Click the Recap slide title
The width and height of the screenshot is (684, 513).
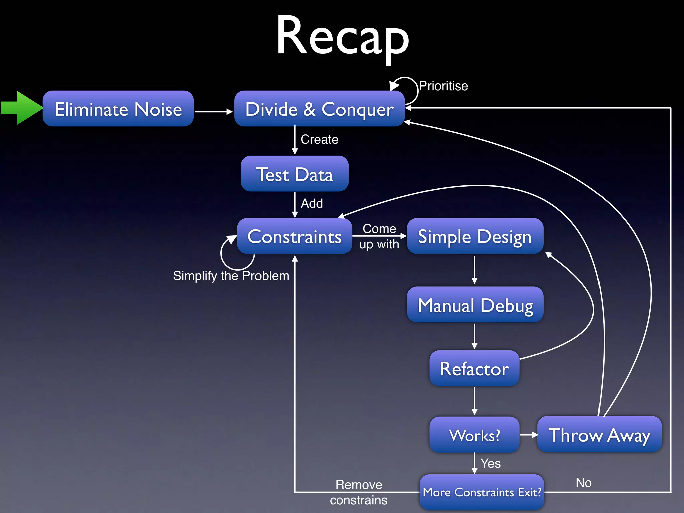(342, 36)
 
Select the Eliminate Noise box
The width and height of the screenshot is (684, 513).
(118, 109)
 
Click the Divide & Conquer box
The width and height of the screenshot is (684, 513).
(320, 109)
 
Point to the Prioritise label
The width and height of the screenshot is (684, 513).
(443, 86)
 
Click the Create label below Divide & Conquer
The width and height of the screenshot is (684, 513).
(319, 139)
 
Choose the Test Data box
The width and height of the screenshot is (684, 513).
(295, 174)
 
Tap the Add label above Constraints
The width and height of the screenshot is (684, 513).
(312, 203)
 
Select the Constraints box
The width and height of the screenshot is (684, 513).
(295, 236)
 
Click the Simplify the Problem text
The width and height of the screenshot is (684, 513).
(231, 276)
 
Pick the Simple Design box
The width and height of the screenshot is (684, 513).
(475, 236)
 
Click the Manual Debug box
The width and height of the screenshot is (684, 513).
(475, 305)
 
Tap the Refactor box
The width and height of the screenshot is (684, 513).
(474, 368)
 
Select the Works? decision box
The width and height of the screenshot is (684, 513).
(474, 435)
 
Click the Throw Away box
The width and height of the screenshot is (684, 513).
(599, 435)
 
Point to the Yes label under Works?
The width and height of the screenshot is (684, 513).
(490, 463)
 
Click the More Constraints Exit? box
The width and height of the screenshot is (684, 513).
(482, 492)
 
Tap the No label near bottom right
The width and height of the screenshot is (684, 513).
(583, 483)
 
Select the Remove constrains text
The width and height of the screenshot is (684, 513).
(359, 492)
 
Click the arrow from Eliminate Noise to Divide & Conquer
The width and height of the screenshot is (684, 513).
(214, 112)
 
